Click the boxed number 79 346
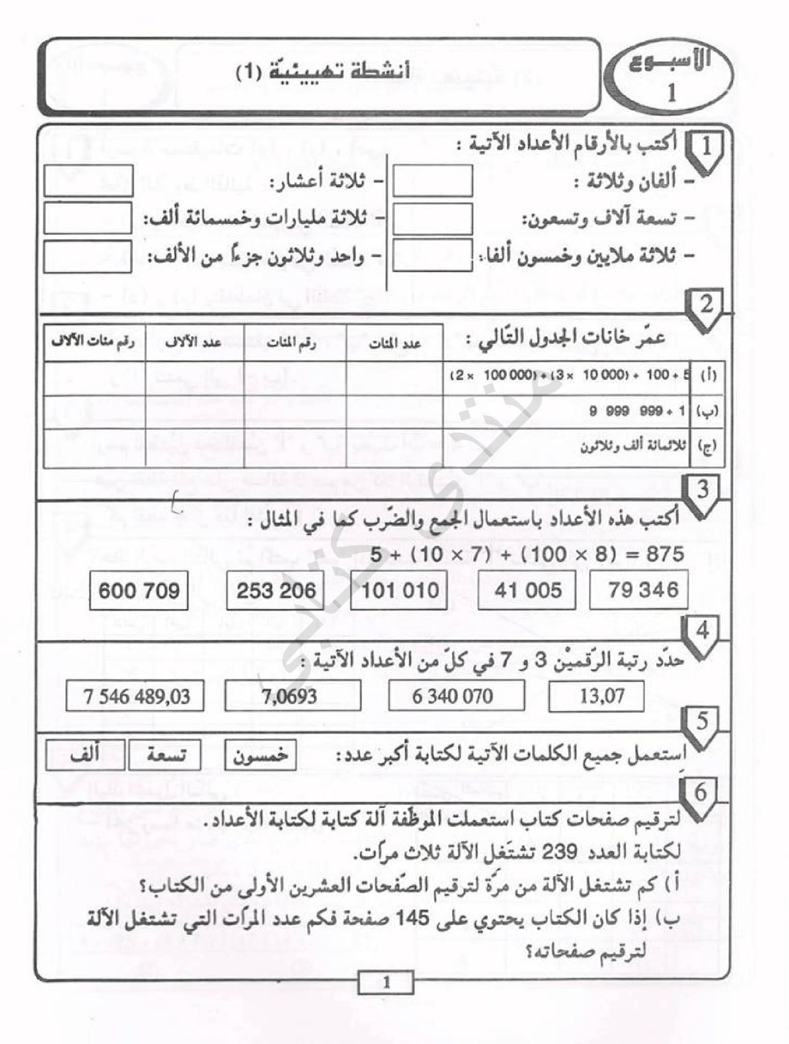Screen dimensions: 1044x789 coord(639,590)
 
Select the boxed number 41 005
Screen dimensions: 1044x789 coord(528,590)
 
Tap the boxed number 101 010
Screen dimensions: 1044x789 coord(400,590)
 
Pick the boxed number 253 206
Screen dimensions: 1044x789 coord(276,590)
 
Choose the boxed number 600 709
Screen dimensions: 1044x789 coord(139,590)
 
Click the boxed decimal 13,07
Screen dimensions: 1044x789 coord(596,696)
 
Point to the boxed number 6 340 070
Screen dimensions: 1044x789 coord(456,696)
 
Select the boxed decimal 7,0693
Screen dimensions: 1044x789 coord(292,696)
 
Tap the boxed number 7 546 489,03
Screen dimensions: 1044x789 coord(136,696)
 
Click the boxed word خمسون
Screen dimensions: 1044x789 coord(260,755)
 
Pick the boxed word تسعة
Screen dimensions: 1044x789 coord(165,755)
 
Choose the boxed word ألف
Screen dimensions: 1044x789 coord(85,754)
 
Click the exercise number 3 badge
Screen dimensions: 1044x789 coord(702,491)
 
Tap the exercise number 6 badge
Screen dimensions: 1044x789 coord(700,792)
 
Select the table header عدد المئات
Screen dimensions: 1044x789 coord(394,344)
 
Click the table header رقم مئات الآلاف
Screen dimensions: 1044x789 coord(94,343)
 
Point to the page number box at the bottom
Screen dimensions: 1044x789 coord(386,982)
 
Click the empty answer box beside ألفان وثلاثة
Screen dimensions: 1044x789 coord(432,180)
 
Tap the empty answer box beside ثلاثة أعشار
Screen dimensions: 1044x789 coord(88,180)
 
